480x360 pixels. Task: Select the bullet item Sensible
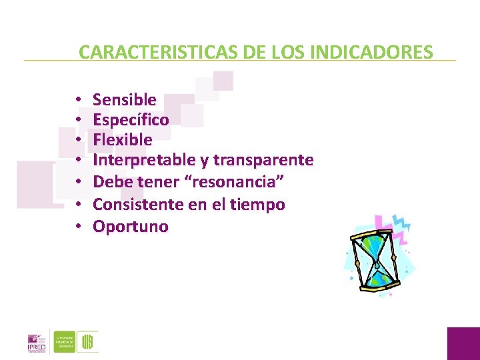[x=125, y=100]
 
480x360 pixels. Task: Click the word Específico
[x=131, y=120]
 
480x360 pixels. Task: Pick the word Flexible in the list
[x=123, y=140]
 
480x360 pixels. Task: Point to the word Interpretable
[x=138, y=160]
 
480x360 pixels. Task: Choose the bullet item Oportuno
[x=131, y=227]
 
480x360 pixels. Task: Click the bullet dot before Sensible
[x=78, y=100]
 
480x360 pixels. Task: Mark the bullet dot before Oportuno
[x=78, y=227]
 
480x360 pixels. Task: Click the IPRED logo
[x=37, y=341]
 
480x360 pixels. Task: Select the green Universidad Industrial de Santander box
[x=64, y=341]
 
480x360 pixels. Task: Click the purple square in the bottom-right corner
[x=463, y=343]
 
